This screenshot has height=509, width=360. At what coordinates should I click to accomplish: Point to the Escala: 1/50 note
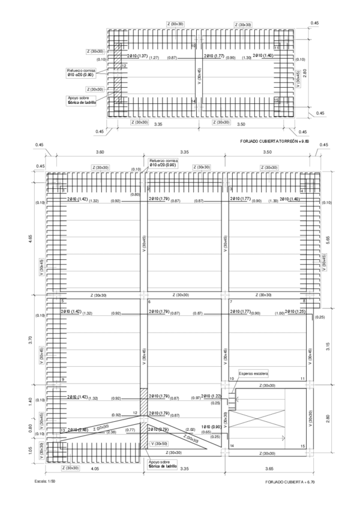[x=46, y=481]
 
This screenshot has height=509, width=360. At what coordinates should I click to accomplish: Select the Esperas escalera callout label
[x=254, y=373]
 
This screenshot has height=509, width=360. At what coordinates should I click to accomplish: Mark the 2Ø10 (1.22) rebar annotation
[x=211, y=397]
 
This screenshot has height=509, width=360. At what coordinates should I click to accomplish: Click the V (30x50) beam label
[x=160, y=443]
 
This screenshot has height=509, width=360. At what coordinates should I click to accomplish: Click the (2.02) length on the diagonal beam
[x=190, y=429]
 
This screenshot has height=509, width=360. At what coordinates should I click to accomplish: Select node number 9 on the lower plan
[x=62, y=379]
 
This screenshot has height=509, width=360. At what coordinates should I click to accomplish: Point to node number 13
[x=62, y=430]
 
